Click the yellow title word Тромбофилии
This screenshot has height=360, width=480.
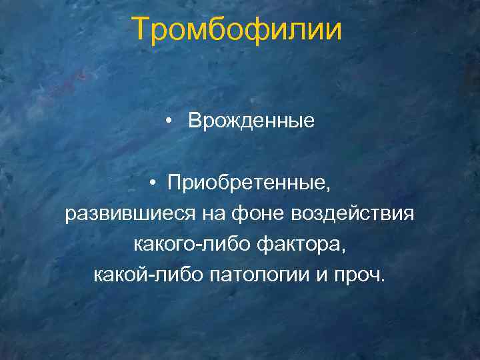[x=237, y=31]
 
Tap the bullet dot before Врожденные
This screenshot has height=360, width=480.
[x=172, y=121]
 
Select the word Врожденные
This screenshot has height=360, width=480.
[x=251, y=121]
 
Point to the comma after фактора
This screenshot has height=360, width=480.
[x=344, y=250]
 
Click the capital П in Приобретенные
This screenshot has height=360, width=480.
[x=174, y=182]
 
